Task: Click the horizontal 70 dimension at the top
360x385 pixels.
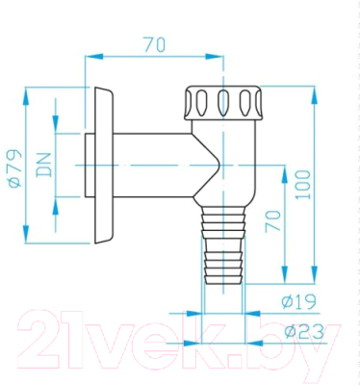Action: click(x=155, y=44)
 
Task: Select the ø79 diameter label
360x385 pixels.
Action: click(x=14, y=167)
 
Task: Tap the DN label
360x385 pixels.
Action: click(x=44, y=165)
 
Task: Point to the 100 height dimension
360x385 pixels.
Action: click(x=303, y=185)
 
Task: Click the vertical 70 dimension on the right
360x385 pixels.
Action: click(x=273, y=221)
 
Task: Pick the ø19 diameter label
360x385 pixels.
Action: click(x=298, y=301)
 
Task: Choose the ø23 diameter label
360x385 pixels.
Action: click(x=304, y=332)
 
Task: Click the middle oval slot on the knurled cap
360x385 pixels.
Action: click(x=223, y=103)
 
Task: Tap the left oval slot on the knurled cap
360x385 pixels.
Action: click(x=202, y=103)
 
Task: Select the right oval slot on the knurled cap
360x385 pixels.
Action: click(x=244, y=103)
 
